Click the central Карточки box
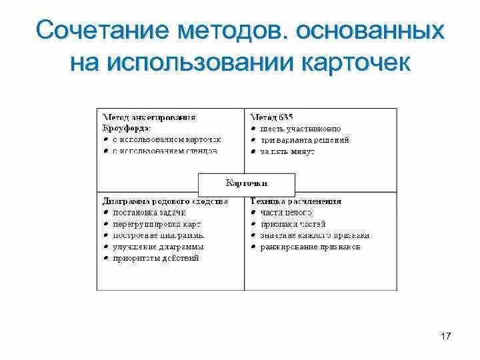coord(247,182)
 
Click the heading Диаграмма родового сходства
coord(165,201)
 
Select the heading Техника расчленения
coord(296,201)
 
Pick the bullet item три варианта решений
coord(305,140)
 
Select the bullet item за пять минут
coord(289,151)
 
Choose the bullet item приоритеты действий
coord(156,258)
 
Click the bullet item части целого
coord(287,212)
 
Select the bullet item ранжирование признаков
coord(310,247)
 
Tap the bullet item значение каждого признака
coord(315,235)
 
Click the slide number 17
coord(446,336)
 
